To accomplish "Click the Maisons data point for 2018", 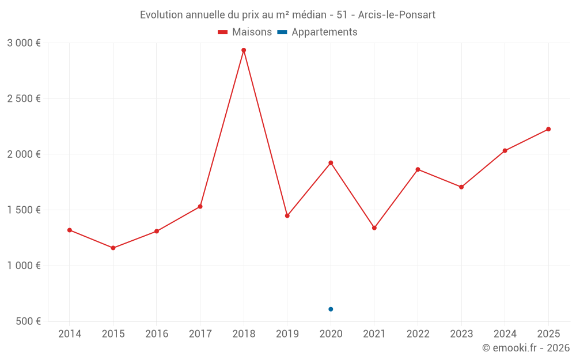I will coord(244,50).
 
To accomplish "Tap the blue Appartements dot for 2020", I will coord(331,309).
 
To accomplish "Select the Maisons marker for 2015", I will coord(113,248).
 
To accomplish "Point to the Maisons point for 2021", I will coord(374,228).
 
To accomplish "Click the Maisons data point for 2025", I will coord(548,129).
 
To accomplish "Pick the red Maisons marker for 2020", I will coord(331,162).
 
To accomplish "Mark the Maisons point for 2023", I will coord(461,187).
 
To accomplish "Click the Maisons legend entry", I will coord(245,32).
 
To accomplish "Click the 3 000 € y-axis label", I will coord(24,43).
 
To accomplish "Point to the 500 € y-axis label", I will coord(28,321).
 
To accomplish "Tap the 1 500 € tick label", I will coord(24,210).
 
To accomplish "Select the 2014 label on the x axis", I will coord(70,334).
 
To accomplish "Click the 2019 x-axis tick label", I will coord(287,334).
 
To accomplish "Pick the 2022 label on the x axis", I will coord(418,334).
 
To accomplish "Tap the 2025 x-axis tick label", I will coord(548,334).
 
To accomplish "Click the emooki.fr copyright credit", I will coord(526,348).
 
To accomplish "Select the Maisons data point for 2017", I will coord(200,206).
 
